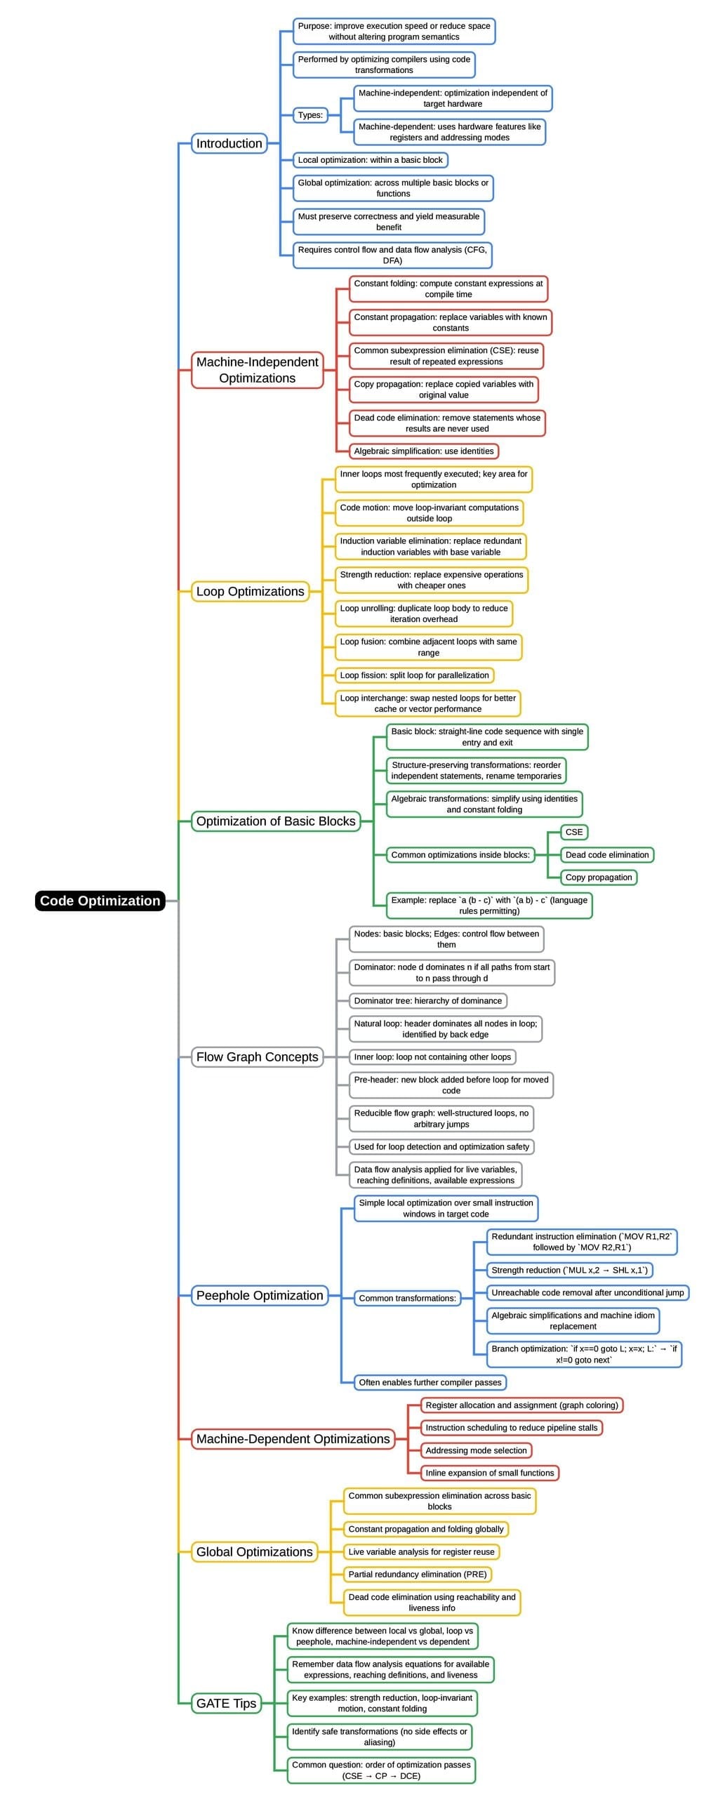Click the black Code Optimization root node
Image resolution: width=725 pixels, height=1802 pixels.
100,901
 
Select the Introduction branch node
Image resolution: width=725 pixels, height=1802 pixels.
229,143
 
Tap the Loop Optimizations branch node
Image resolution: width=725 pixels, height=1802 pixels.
250,591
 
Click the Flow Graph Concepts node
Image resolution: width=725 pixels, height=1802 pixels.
257,1056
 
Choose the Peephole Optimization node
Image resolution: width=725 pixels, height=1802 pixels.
260,1295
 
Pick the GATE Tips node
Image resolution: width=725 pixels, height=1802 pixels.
226,1703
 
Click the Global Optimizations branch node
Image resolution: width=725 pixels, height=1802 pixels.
254,1551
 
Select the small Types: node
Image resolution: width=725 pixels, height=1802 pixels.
310,115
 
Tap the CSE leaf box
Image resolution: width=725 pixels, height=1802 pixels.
573,832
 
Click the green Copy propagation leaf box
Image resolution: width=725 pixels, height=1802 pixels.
598,877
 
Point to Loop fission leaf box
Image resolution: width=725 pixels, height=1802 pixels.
414,675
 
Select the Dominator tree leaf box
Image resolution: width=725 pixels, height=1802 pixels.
427,1000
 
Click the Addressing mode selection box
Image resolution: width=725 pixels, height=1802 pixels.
476,1450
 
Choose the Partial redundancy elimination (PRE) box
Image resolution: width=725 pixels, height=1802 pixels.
417,1574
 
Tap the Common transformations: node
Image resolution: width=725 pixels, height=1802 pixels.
407,1298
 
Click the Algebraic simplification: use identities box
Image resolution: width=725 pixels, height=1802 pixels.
423,451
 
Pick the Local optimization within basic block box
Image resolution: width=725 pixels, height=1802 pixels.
370,160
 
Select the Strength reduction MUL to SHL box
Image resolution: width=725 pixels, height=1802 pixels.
569,1270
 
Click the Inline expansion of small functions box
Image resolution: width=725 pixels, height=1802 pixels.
489,1473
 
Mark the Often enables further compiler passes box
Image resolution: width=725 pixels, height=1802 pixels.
430,1382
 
